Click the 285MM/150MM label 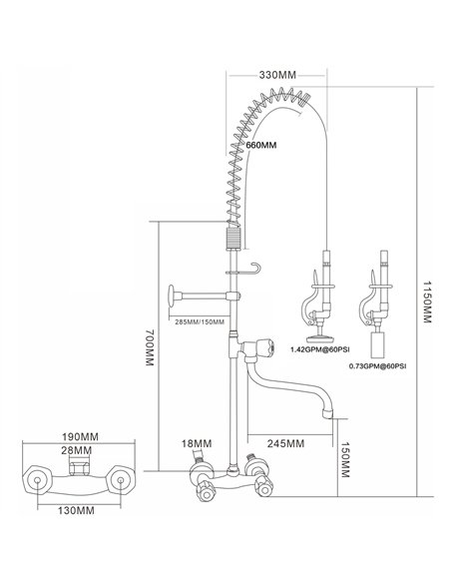(198, 320)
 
